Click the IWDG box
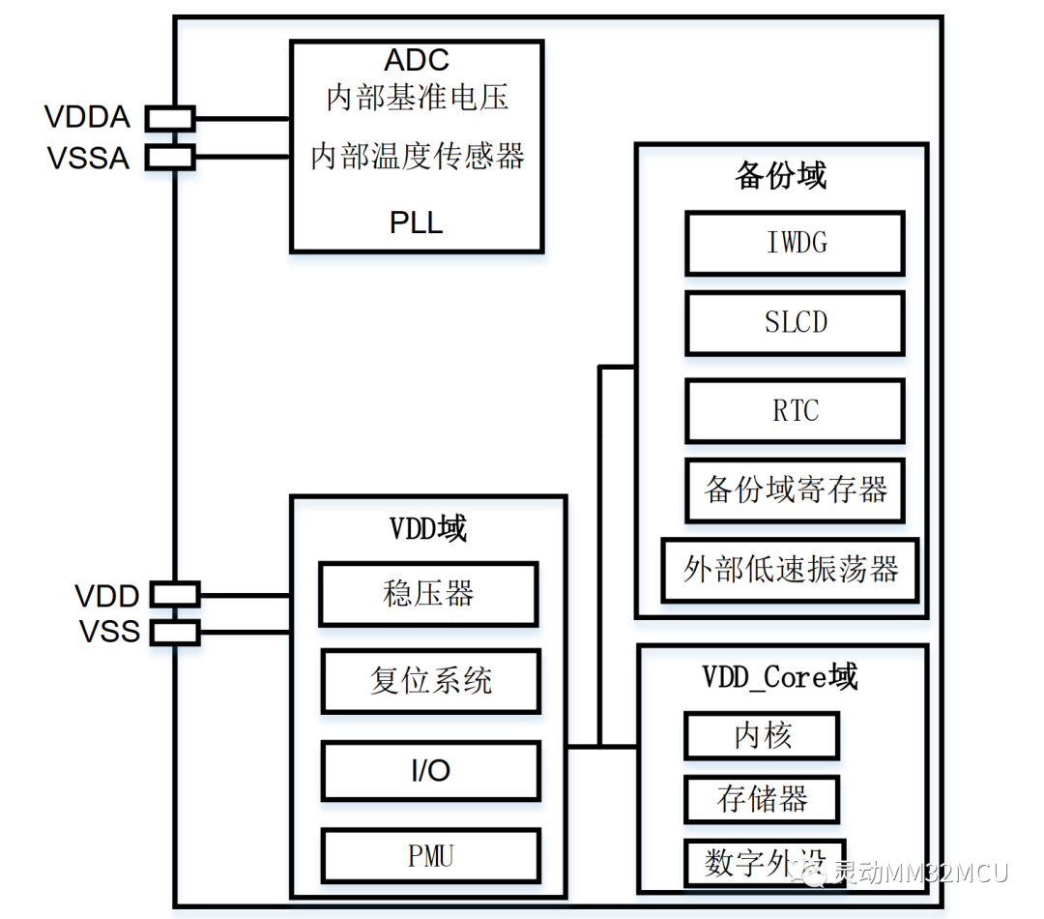[795, 243]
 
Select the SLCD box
[795, 323]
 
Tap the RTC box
[795, 410]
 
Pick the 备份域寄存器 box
[795, 490]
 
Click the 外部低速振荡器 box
[791, 570]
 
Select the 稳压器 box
[428, 594]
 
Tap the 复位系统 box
[431, 681]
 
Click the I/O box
[431, 770]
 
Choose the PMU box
[431, 856]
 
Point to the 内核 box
[762, 736]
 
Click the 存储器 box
[762, 799]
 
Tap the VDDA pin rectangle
[170, 119]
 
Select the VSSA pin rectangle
[170, 158]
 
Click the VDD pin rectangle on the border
[175, 595]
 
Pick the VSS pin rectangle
[175, 633]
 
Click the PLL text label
[416, 222]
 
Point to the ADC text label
[417, 60]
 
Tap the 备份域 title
[781, 176]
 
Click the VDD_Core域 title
[780, 677]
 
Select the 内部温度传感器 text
[418, 156]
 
